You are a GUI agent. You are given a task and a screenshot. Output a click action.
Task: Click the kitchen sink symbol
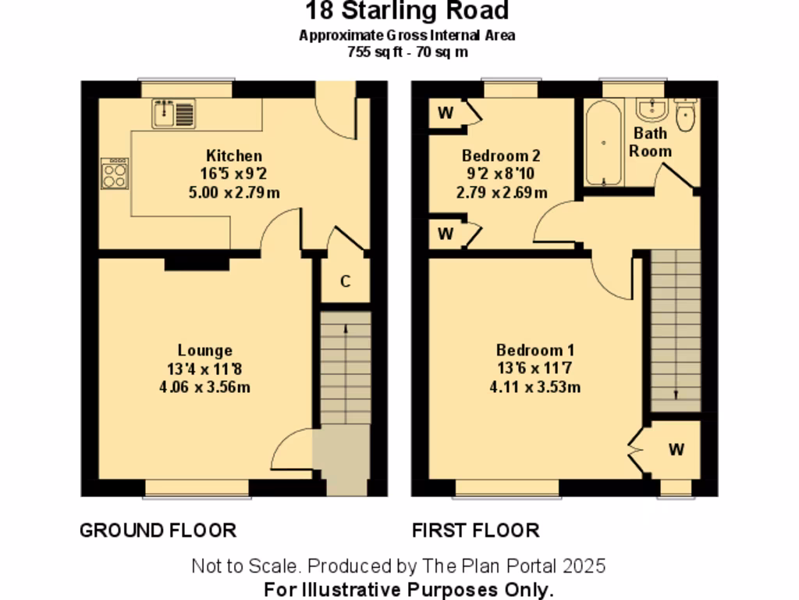pyautogui.click(x=173, y=114)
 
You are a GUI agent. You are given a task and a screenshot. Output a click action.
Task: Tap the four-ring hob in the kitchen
pyautogui.click(x=115, y=173)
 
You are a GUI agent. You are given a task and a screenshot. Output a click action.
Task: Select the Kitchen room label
pyautogui.click(x=233, y=155)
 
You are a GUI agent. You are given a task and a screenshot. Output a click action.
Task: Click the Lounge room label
pyautogui.click(x=204, y=351)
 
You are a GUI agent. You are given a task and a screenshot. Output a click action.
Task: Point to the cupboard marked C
pyautogui.click(x=345, y=281)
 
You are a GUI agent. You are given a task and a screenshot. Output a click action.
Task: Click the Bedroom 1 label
pyautogui.click(x=538, y=351)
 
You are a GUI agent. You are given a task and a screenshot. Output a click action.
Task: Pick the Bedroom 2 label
pyautogui.click(x=501, y=155)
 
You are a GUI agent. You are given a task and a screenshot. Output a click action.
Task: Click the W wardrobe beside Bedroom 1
pyautogui.click(x=676, y=449)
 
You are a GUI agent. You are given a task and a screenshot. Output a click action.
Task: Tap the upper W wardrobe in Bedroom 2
pyautogui.click(x=446, y=112)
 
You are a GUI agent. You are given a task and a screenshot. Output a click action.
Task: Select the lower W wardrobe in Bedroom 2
pyautogui.click(x=446, y=234)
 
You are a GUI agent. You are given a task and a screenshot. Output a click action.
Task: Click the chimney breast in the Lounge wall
pyautogui.click(x=197, y=263)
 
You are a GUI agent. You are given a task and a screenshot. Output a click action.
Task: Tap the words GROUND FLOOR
pyautogui.click(x=158, y=530)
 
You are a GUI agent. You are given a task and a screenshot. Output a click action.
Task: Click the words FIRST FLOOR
pyautogui.click(x=475, y=530)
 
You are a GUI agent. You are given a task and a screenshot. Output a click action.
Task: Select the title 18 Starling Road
pyautogui.click(x=406, y=11)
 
